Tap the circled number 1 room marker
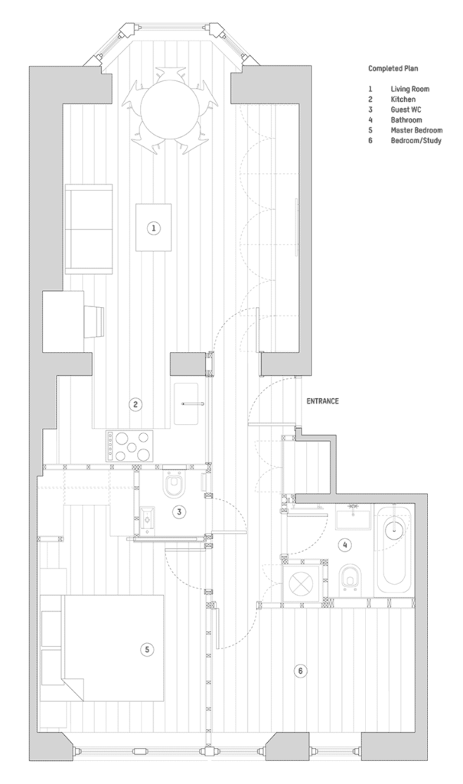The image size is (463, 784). (154, 228)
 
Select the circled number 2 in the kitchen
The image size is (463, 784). (135, 404)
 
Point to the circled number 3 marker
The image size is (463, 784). (180, 511)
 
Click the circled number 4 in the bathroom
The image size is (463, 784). (344, 545)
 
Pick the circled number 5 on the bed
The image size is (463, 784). (147, 649)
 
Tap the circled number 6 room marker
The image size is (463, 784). (300, 671)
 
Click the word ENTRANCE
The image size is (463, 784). (322, 401)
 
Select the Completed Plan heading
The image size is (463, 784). (393, 68)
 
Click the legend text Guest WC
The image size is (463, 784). (406, 109)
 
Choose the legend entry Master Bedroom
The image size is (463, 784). (416, 130)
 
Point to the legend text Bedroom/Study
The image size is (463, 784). (416, 141)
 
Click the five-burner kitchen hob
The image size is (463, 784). (129, 446)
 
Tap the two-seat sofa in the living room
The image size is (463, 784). (89, 229)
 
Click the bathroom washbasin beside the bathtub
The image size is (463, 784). (354, 517)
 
